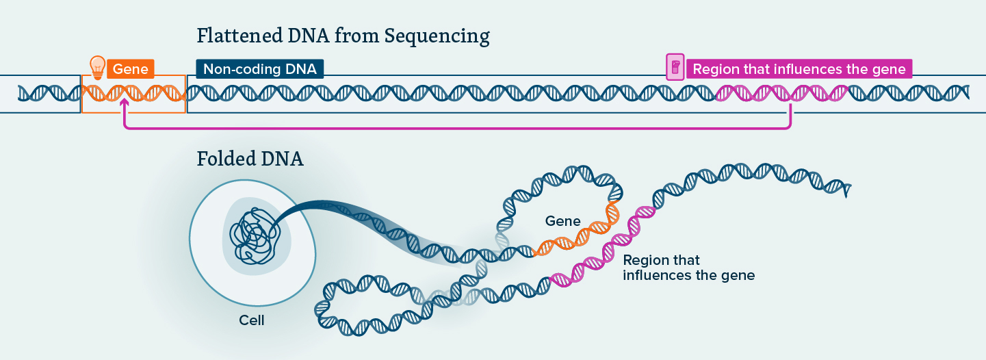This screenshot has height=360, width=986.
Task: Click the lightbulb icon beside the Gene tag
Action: (98, 66)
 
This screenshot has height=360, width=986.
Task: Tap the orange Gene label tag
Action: (130, 69)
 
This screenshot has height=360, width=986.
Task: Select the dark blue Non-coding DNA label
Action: (259, 69)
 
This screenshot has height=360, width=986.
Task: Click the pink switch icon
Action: (675, 68)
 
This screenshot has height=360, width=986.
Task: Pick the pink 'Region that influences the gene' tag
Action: (799, 69)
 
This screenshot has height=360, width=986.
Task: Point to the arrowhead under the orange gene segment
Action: (124, 103)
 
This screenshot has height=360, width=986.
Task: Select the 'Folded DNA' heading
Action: (250, 159)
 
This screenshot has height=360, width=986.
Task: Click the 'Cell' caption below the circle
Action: (252, 320)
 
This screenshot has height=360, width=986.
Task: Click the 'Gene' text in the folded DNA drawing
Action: (562, 221)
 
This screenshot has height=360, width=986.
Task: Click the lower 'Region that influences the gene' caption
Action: (688, 268)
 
